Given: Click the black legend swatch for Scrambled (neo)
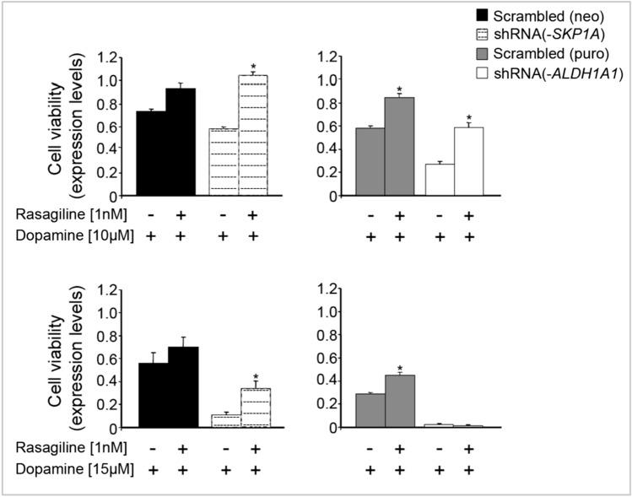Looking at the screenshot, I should pyautogui.click(x=460, y=14).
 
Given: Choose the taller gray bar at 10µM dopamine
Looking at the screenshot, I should pyautogui.click(x=399, y=147).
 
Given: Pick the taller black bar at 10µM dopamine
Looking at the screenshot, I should pyautogui.click(x=181, y=142).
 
